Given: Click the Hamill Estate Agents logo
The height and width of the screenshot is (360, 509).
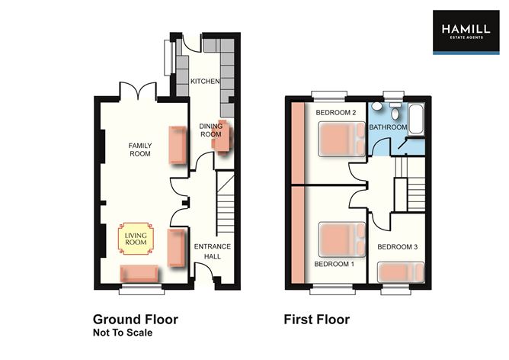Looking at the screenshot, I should (x=466, y=32).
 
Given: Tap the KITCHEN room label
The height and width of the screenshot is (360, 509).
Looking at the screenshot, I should (x=204, y=82).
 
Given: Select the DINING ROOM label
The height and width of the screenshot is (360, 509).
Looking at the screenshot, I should (x=210, y=130).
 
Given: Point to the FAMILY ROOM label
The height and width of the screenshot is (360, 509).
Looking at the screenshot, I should (x=139, y=149).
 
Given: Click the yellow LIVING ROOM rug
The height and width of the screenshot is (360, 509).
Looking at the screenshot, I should (x=135, y=241).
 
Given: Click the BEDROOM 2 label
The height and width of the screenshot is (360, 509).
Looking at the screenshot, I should (x=335, y=113).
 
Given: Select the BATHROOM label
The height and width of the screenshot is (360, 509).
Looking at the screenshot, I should (x=388, y=127).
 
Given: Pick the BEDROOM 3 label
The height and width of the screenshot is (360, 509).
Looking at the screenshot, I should (x=396, y=247).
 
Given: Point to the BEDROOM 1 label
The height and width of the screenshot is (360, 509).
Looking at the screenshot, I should (x=335, y=264).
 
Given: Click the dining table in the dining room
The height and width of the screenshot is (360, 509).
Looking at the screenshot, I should (x=222, y=140).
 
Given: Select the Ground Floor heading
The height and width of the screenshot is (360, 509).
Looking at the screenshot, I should (x=136, y=320).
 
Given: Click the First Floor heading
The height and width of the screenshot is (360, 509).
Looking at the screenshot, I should (x=316, y=320).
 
